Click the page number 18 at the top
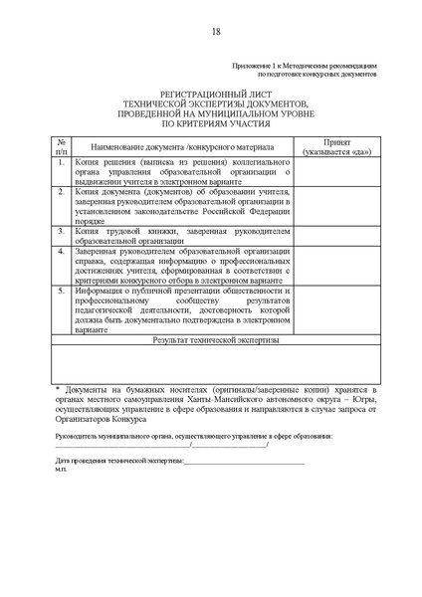pyautogui.click(x=216, y=31)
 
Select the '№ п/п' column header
pyautogui.click(x=61, y=147)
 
